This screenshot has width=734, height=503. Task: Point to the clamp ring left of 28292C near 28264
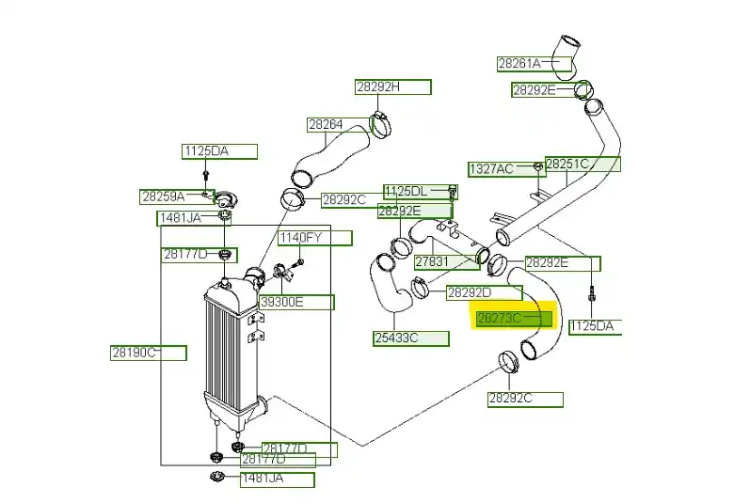pos(293,199)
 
